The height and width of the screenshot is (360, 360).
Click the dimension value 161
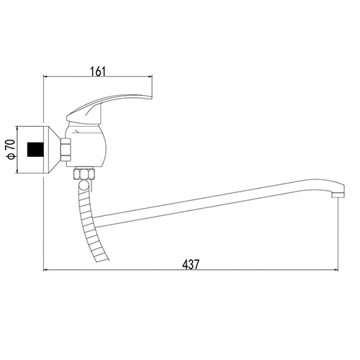(x=98, y=72)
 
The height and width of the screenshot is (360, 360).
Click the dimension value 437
(x=191, y=265)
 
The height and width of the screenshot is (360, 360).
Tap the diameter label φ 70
(x=12, y=149)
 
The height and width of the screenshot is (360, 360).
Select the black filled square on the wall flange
(x=35, y=149)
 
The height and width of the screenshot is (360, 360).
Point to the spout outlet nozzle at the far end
(x=338, y=195)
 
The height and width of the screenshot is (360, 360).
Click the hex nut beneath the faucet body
(x=85, y=174)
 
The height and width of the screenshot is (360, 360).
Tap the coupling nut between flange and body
(x=66, y=149)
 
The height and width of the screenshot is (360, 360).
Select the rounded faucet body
(x=86, y=146)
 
